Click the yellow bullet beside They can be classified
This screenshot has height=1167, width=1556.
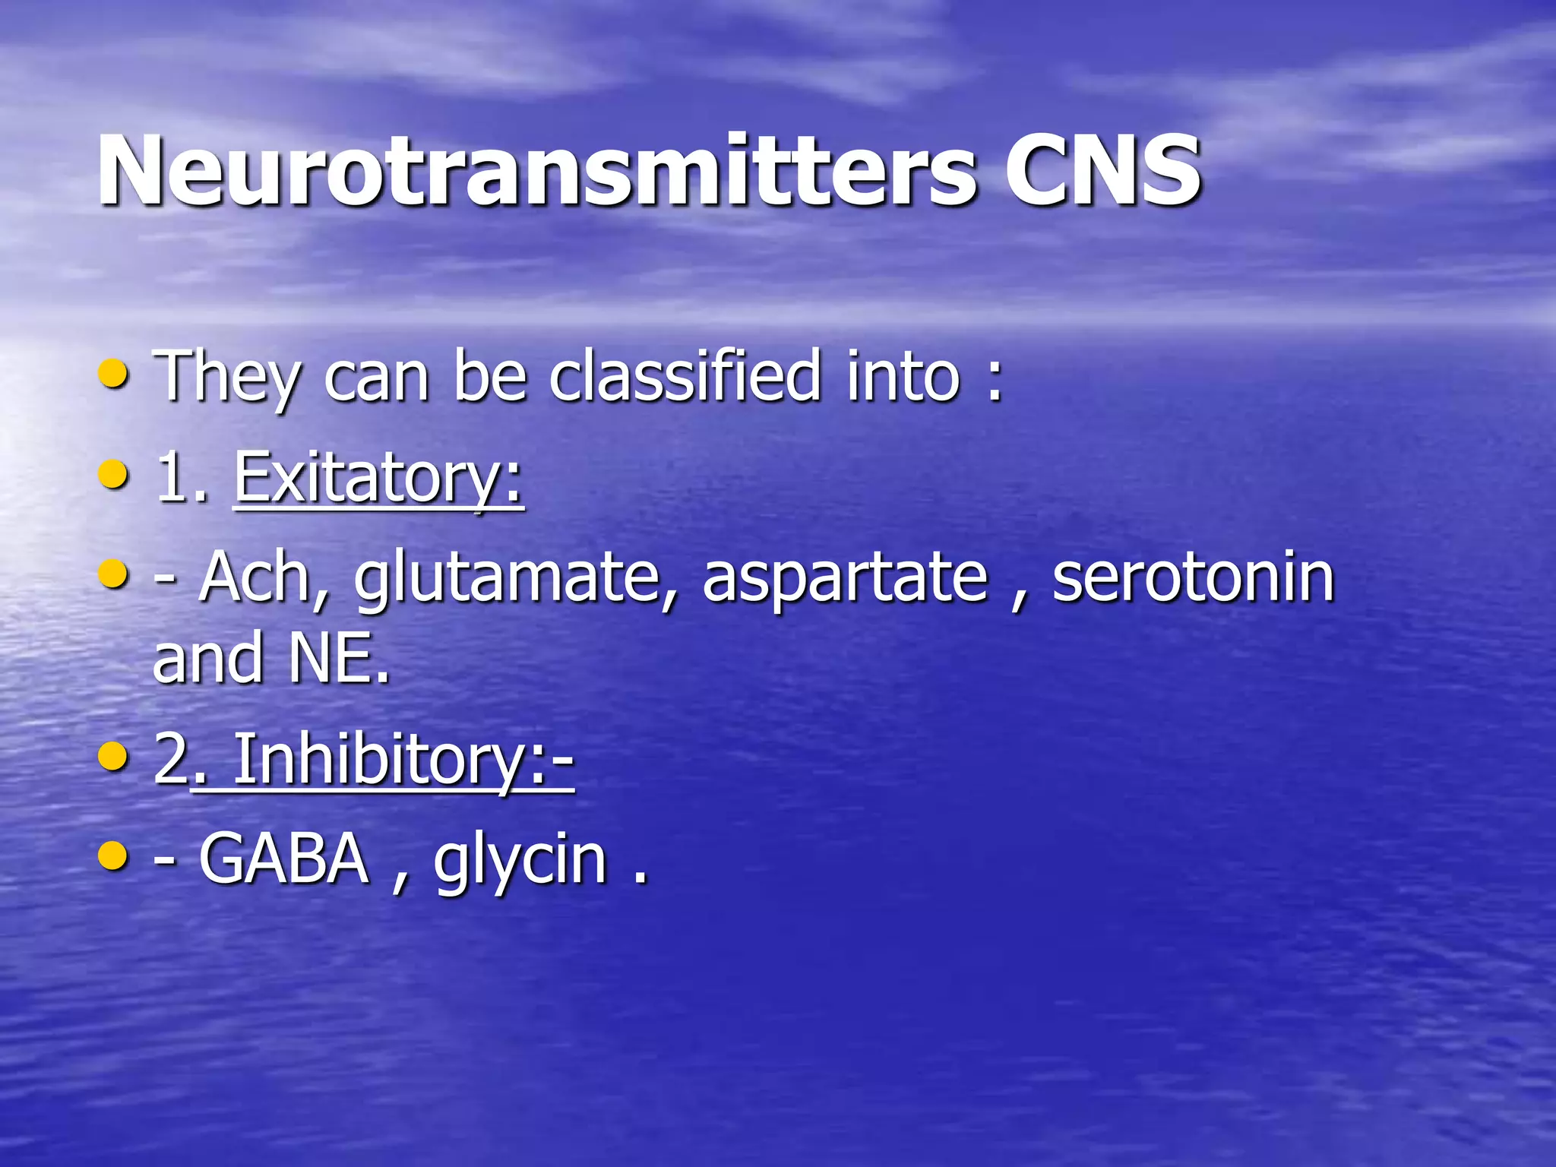pos(114,374)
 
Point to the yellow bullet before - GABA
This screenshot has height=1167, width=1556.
pos(114,856)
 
